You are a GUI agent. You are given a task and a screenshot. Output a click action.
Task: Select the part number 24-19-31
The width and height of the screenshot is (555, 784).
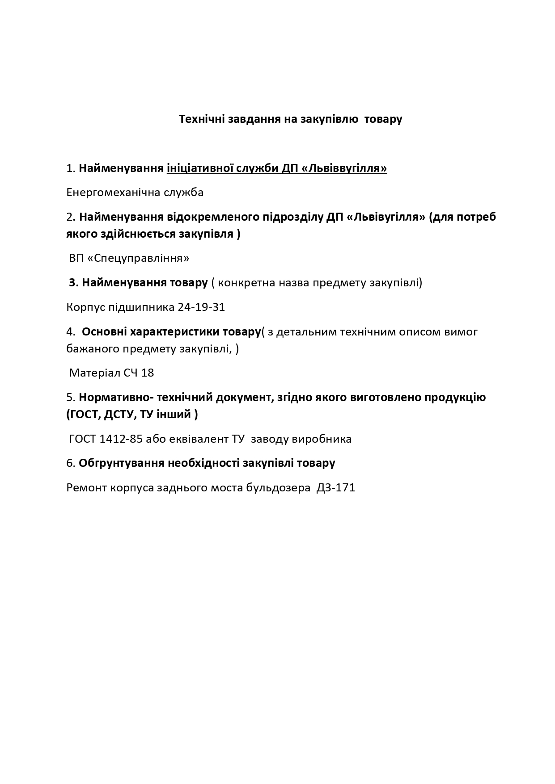tap(201, 307)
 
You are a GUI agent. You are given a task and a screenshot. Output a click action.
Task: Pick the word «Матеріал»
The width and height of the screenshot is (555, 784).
tap(92, 373)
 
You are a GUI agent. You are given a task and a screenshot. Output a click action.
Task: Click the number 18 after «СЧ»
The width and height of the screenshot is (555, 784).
tap(148, 373)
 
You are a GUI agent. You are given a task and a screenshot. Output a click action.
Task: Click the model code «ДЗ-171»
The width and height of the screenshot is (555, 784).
tap(335, 487)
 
